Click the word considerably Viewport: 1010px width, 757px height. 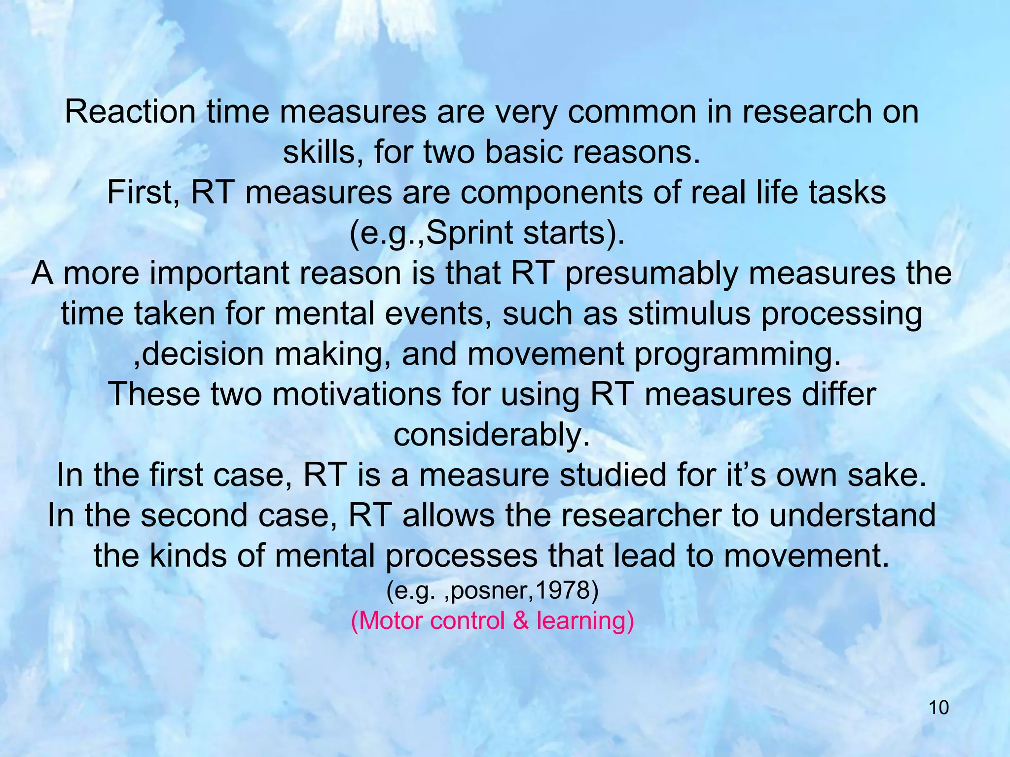click(x=492, y=435)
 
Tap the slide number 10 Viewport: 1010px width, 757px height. click(x=938, y=708)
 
